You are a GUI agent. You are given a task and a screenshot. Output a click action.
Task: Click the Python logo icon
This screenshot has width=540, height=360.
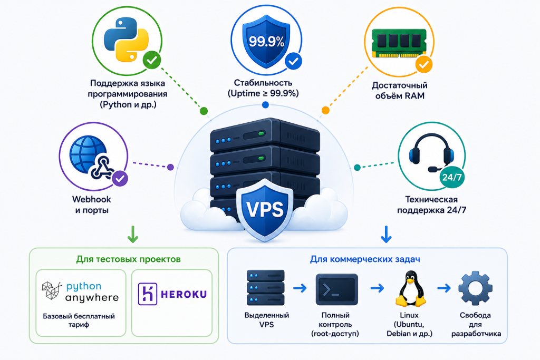(x=126, y=40)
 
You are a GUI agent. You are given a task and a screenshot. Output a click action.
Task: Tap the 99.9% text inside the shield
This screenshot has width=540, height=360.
(x=266, y=42)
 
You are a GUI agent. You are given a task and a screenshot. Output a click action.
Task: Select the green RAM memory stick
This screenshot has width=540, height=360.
(x=399, y=42)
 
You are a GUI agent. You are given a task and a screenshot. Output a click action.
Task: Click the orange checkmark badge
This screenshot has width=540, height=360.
(x=423, y=64)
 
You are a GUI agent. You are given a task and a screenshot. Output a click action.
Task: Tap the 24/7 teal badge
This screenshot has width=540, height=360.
(x=452, y=177)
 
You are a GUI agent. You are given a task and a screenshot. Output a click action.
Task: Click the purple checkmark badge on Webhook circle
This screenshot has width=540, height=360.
(x=120, y=179)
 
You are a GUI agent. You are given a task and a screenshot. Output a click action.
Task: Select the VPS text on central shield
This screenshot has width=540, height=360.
(x=265, y=209)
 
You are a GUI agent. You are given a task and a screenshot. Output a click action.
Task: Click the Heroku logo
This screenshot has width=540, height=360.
(x=172, y=294)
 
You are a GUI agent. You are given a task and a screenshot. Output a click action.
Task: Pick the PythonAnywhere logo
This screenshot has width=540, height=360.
(x=80, y=291)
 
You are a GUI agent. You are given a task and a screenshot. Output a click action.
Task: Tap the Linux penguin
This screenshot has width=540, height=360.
(x=410, y=288)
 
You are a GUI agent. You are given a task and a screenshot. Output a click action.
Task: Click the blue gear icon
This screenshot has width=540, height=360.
(x=475, y=288)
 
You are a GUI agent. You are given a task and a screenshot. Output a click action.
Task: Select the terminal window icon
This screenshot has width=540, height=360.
(x=336, y=289)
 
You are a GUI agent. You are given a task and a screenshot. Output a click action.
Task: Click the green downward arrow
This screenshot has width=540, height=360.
(x=133, y=234)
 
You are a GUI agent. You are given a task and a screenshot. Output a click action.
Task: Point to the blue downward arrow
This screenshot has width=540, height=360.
(x=386, y=234)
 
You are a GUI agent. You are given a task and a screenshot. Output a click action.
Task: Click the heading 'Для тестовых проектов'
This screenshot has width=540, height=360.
(x=129, y=259)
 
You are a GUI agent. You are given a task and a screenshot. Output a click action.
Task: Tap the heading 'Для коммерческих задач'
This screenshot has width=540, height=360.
(x=365, y=259)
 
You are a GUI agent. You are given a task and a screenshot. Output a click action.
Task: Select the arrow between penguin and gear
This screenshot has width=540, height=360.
(x=444, y=288)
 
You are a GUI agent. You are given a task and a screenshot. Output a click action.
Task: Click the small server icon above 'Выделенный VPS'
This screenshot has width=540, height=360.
(x=266, y=287)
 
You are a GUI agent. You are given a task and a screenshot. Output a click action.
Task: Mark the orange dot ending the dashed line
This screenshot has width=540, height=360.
(x=325, y=110)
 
